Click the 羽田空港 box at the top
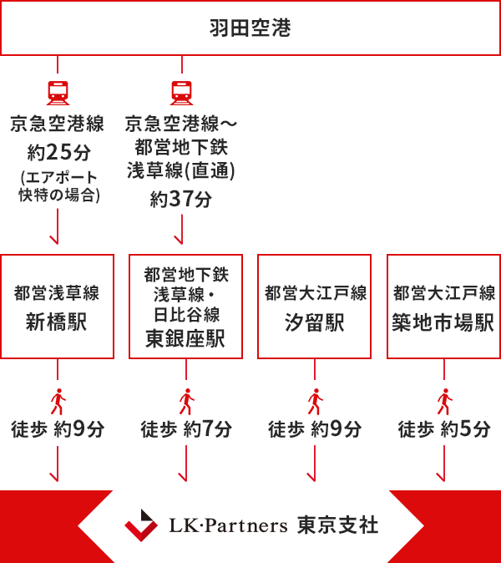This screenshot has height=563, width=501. [x=250, y=28]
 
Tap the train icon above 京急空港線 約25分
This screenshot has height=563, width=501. [x=58, y=91]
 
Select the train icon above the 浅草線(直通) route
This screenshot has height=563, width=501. [x=180, y=91]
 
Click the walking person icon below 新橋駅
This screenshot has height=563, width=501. [x=58, y=402]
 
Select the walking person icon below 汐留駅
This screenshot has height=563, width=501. [x=315, y=402]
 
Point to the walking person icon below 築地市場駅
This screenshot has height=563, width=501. [x=443, y=402]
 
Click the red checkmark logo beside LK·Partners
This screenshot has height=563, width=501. [x=141, y=525]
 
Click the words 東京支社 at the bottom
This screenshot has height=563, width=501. [x=337, y=525]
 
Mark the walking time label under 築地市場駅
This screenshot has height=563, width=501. [x=443, y=430]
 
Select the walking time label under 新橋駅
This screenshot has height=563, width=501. [x=58, y=430]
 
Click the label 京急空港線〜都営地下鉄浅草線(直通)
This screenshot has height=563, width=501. [x=180, y=147]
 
